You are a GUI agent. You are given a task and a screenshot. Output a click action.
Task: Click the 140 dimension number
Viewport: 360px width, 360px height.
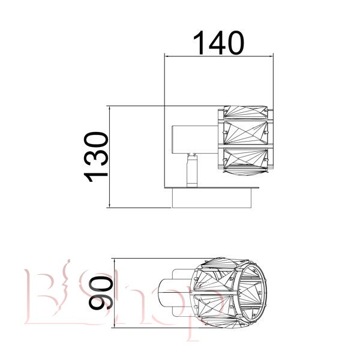coord(218,43)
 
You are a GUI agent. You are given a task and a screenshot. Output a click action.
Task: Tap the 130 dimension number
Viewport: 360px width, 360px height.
coord(96,157)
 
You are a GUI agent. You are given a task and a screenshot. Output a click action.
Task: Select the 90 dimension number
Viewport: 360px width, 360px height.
coord(101,293)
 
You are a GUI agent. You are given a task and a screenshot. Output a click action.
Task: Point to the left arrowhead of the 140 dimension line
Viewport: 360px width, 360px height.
coord(167,56)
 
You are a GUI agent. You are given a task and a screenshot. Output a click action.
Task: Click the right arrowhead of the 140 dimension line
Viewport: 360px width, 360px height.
coord(271,56)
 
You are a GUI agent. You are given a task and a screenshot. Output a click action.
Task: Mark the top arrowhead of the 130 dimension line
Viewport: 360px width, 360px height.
coord(110,109)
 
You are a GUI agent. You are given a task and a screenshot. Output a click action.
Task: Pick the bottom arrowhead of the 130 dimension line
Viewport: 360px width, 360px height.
coord(110,205)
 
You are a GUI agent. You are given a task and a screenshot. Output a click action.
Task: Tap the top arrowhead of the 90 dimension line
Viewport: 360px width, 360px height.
coord(114,261)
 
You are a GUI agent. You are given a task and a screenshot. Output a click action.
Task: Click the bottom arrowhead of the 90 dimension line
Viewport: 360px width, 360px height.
coord(114,325)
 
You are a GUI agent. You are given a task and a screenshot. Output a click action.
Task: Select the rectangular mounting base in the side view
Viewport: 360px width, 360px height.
coord(212,198)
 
